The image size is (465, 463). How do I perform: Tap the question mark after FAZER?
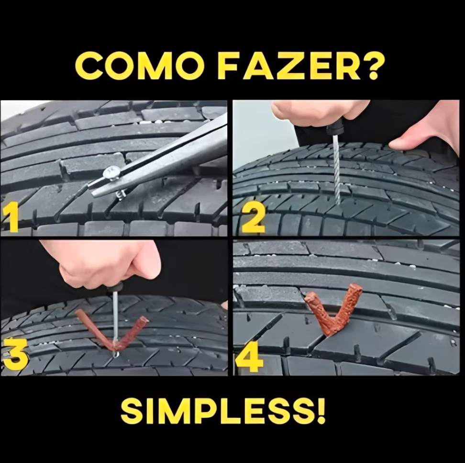[375, 66]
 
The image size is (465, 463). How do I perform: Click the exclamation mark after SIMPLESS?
[321, 410]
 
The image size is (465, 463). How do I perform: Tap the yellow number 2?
[253, 220]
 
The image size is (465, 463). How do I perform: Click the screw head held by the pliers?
[111, 173]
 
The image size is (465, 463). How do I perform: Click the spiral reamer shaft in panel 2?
[337, 169]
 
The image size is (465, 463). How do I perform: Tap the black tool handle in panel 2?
[335, 128]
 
